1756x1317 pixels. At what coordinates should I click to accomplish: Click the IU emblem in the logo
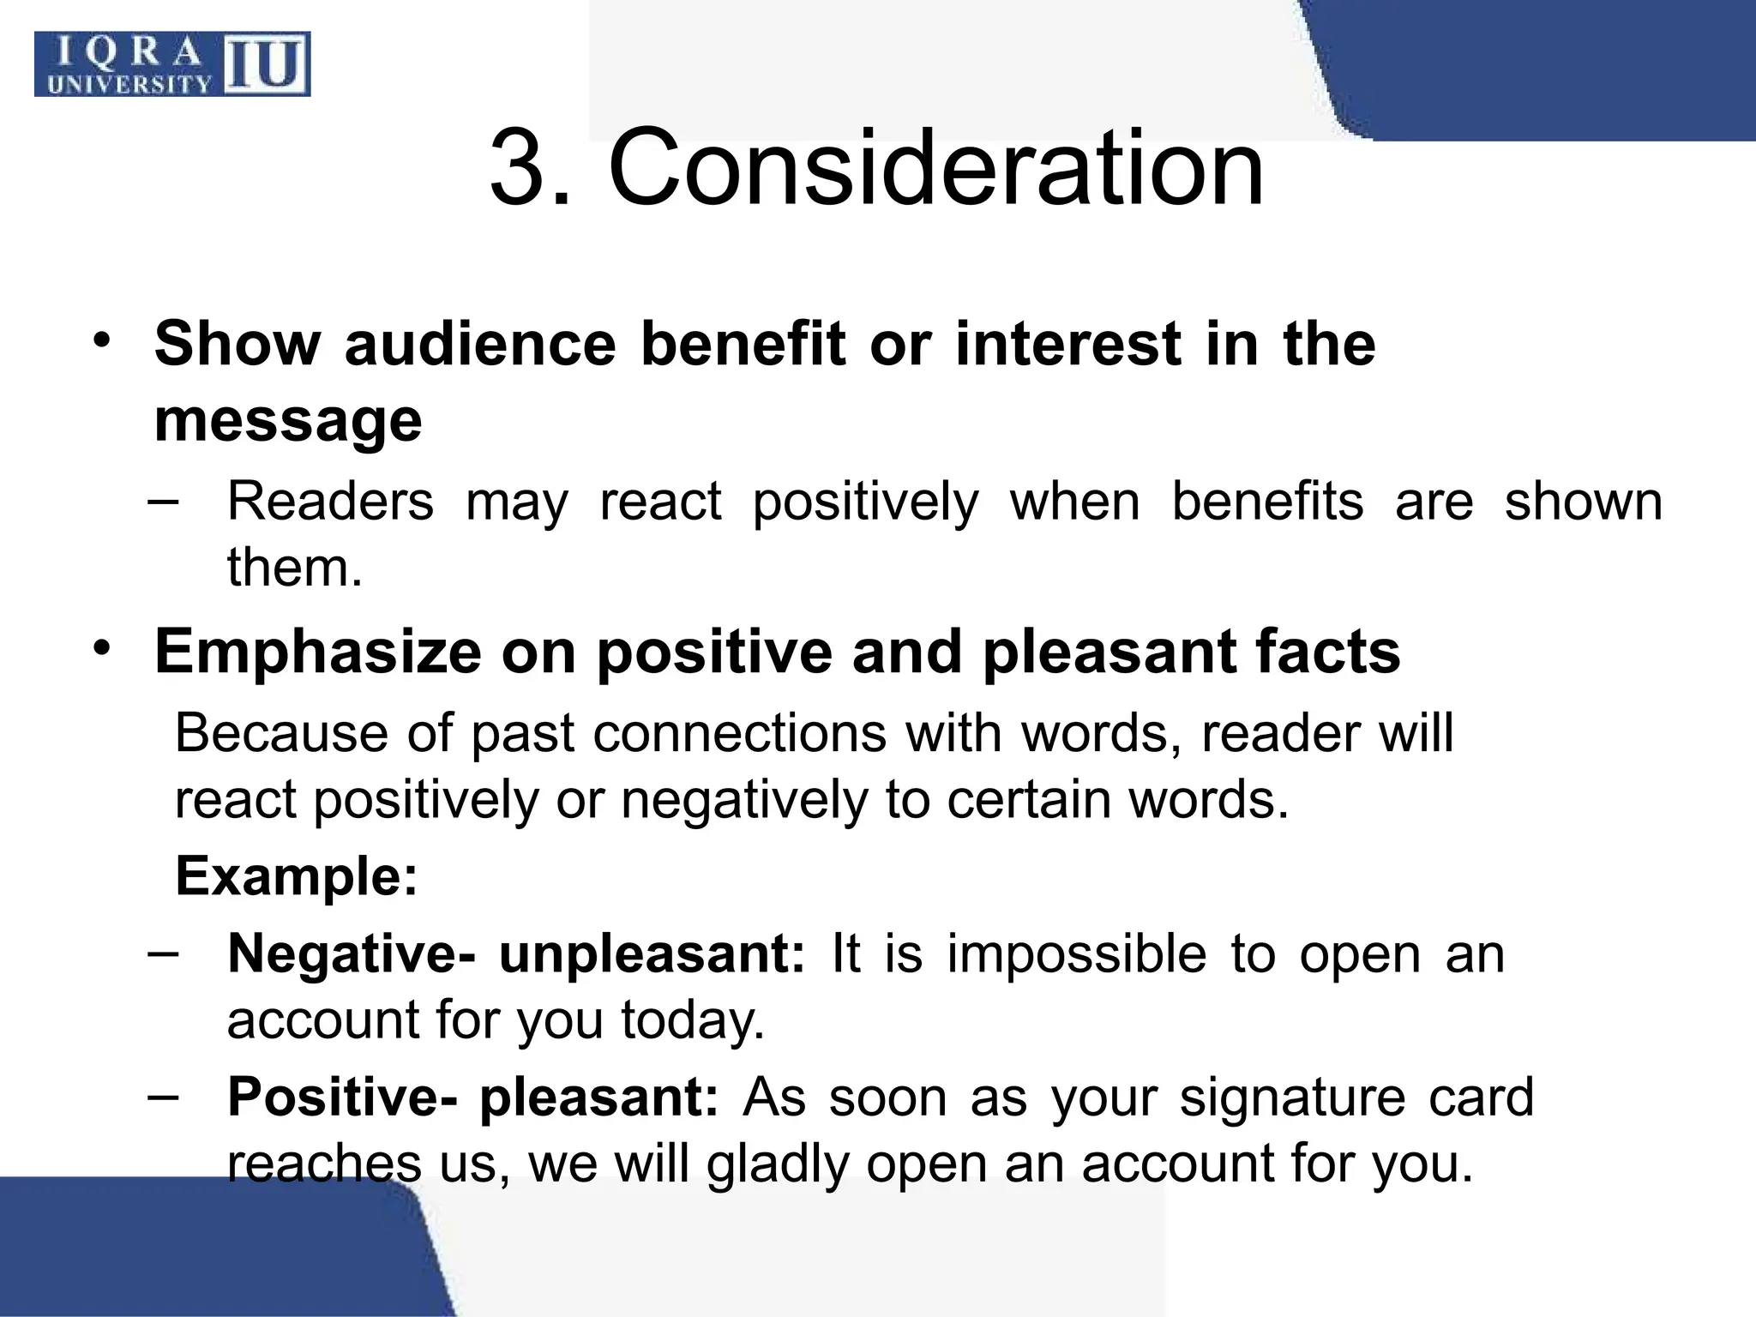coord(267,65)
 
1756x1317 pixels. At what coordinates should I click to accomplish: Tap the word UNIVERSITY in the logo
coord(130,84)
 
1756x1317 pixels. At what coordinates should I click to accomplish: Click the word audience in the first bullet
coord(480,344)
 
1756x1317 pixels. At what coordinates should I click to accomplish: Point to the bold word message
coord(288,420)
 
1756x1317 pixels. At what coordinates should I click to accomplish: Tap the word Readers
coord(330,502)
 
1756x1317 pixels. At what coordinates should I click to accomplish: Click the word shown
coord(1583,502)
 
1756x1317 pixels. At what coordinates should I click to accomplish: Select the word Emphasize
coord(317,652)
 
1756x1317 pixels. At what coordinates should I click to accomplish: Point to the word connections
coord(739,734)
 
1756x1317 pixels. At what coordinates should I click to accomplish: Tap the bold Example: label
coord(296,876)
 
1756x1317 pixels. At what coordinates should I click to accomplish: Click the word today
coord(692,1020)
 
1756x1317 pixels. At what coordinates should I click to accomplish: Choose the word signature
coord(1292,1097)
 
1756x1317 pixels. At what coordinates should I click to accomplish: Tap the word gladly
coord(777,1164)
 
